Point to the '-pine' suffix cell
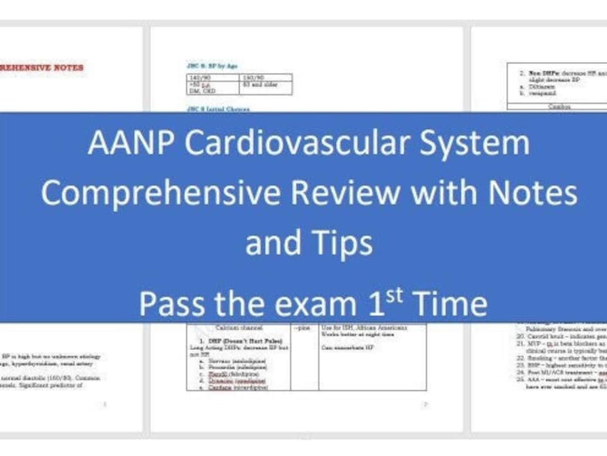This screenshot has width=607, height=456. pyautogui.click(x=302, y=327)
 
